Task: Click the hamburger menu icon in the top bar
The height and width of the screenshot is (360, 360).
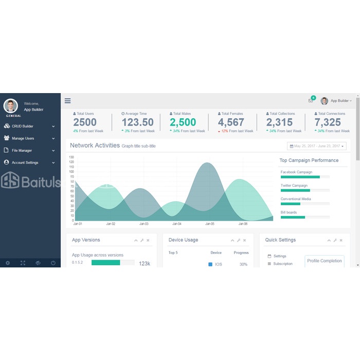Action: [x=67, y=101]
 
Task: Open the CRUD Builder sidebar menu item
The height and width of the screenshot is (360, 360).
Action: [x=23, y=126]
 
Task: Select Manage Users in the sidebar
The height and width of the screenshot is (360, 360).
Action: [x=23, y=138]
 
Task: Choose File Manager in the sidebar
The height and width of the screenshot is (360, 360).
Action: [x=22, y=151]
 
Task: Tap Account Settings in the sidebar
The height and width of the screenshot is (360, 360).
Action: [x=25, y=163]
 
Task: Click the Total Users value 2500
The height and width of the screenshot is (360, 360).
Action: [x=85, y=122]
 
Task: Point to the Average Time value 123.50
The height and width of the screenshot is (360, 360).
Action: [x=138, y=122]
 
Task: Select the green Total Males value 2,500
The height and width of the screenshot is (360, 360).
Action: [x=183, y=122]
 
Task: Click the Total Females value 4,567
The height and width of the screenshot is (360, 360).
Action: [x=231, y=122]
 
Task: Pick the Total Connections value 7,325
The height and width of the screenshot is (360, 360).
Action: [x=328, y=122]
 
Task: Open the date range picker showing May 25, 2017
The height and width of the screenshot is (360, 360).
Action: [x=317, y=146]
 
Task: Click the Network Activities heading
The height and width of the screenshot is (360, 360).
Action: [x=95, y=146]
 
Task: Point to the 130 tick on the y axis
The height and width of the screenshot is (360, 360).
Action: [x=71, y=157]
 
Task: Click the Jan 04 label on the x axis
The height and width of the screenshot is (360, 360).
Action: [x=177, y=224]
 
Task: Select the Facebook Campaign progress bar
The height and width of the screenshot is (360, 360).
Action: [x=305, y=177]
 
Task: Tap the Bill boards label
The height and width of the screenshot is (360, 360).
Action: [x=289, y=212]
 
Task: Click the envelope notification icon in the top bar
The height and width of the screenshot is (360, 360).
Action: [x=311, y=101]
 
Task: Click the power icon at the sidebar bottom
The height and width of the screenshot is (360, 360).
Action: [x=53, y=263]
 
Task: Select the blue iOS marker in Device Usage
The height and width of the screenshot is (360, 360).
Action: [x=210, y=264]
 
